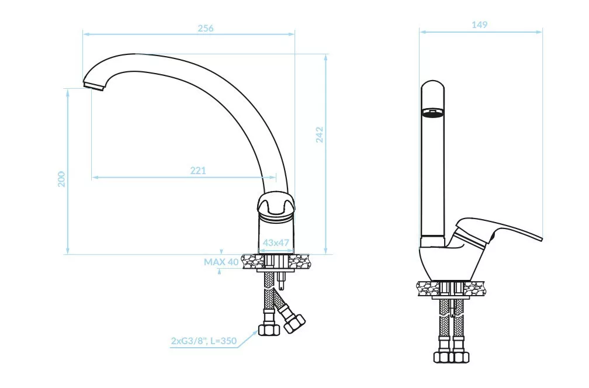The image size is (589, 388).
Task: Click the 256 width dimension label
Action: click(206, 28)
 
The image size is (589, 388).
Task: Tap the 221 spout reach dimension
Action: click(198, 171)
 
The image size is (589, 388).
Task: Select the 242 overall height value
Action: click(319, 135)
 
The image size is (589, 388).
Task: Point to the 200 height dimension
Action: click(61, 179)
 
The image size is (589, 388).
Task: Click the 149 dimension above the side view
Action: click(479, 25)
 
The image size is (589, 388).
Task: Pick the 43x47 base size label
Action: click(276, 243)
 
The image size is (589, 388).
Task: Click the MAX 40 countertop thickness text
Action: click(221, 262)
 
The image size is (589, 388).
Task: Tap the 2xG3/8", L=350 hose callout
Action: click(204, 341)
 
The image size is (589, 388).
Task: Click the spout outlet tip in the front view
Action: click(93, 86)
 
